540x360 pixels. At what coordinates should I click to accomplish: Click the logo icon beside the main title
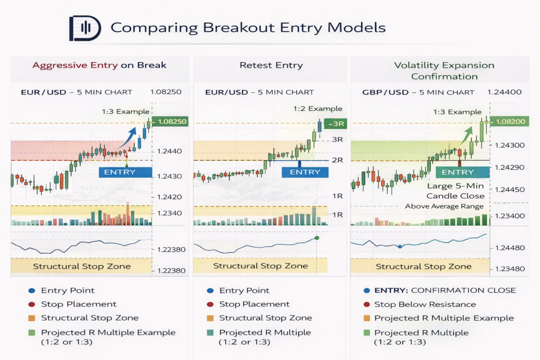click(x=84, y=28)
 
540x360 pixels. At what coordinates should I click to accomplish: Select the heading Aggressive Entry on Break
click(x=99, y=65)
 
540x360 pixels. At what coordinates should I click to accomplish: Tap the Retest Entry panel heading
click(x=271, y=65)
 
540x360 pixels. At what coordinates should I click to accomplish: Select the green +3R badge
click(x=335, y=124)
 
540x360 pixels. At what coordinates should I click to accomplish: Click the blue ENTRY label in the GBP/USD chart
click(x=458, y=172)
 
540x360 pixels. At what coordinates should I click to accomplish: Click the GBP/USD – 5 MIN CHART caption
click(x=418, y=92)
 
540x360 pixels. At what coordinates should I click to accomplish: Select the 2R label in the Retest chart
click(x=337, y=160)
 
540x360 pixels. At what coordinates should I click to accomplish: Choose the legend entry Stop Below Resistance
click(x=425, y=304)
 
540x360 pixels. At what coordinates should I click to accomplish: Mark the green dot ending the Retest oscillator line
click(x=316, y=238)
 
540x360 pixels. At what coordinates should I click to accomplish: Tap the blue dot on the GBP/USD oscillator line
click(x=400, y=246)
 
